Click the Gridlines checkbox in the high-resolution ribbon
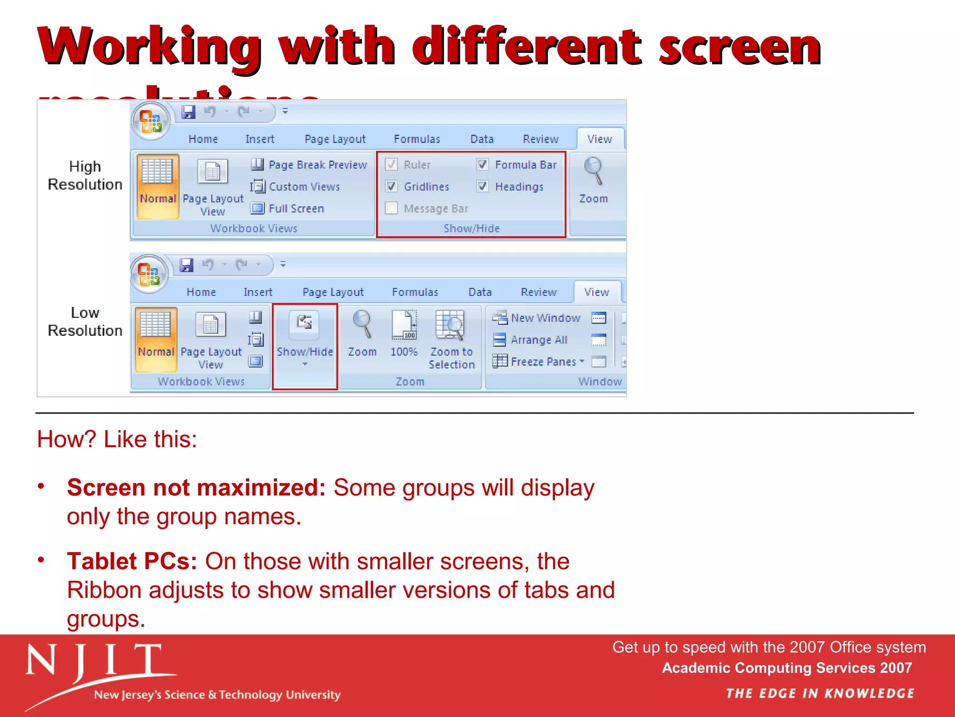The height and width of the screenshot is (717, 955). [x=392, y=187]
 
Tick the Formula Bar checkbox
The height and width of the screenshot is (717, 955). [x=483, y=165]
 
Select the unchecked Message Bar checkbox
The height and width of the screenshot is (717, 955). [x=392, y=208]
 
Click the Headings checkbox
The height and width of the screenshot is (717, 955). [x=483, y=187]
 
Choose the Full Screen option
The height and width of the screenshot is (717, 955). [x=288, y=208]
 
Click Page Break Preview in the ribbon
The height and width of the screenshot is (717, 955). [x=309, y=165]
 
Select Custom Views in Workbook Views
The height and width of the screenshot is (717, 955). [x=295, y=187]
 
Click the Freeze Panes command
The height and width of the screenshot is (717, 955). [x=538, y=361]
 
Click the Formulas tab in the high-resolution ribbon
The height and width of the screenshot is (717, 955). [x=417, y=139]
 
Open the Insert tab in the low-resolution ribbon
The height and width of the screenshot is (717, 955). [x=258, y=292]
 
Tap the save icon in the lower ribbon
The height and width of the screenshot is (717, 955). [x=187, y=265]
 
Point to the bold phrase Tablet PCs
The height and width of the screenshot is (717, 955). [x=132, y=561]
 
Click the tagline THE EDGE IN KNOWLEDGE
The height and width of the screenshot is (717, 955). [x=820, y=694]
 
